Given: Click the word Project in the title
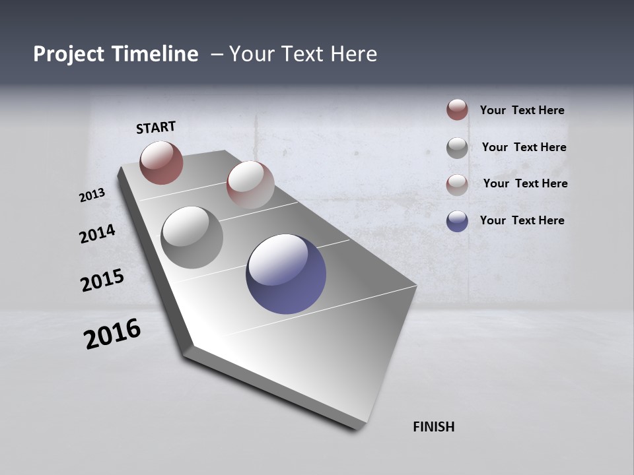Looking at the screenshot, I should pyautogui.click(x=68, y=54).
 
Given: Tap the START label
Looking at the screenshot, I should pyautogui.click(x=156, y=127).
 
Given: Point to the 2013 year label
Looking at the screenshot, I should pyautogui.click(x=92, y=195).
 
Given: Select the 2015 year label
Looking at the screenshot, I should pyautogui.click(x=102, y=280).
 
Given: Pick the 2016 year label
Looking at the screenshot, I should pyautogui.click(x=112, y=333).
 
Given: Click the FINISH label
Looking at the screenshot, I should pyautogui.click(x=434, y=427).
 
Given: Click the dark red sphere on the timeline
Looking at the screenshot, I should pyautogui.click(x=161, y=162).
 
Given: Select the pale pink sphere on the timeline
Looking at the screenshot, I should pyautogui.click(x=250, y=185).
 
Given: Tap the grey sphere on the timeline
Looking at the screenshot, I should pyautogui.click(x=192, y=237).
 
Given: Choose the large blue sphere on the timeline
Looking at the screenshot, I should pyautogui.click(x=286, y=273).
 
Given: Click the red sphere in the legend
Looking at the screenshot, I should pyautogui.click(x=457, y=110).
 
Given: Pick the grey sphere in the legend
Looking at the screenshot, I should pyautogui.click(x=457, y=148).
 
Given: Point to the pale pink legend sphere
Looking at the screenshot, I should pyautogui.click(x=457, y=185).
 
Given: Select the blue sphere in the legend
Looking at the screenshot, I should pyautogui.click(x=457, y=221).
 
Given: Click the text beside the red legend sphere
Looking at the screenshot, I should pyautogui.click(x=522, y=110).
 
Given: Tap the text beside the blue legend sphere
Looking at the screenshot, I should pyautogui.click(x=522, y=220).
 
